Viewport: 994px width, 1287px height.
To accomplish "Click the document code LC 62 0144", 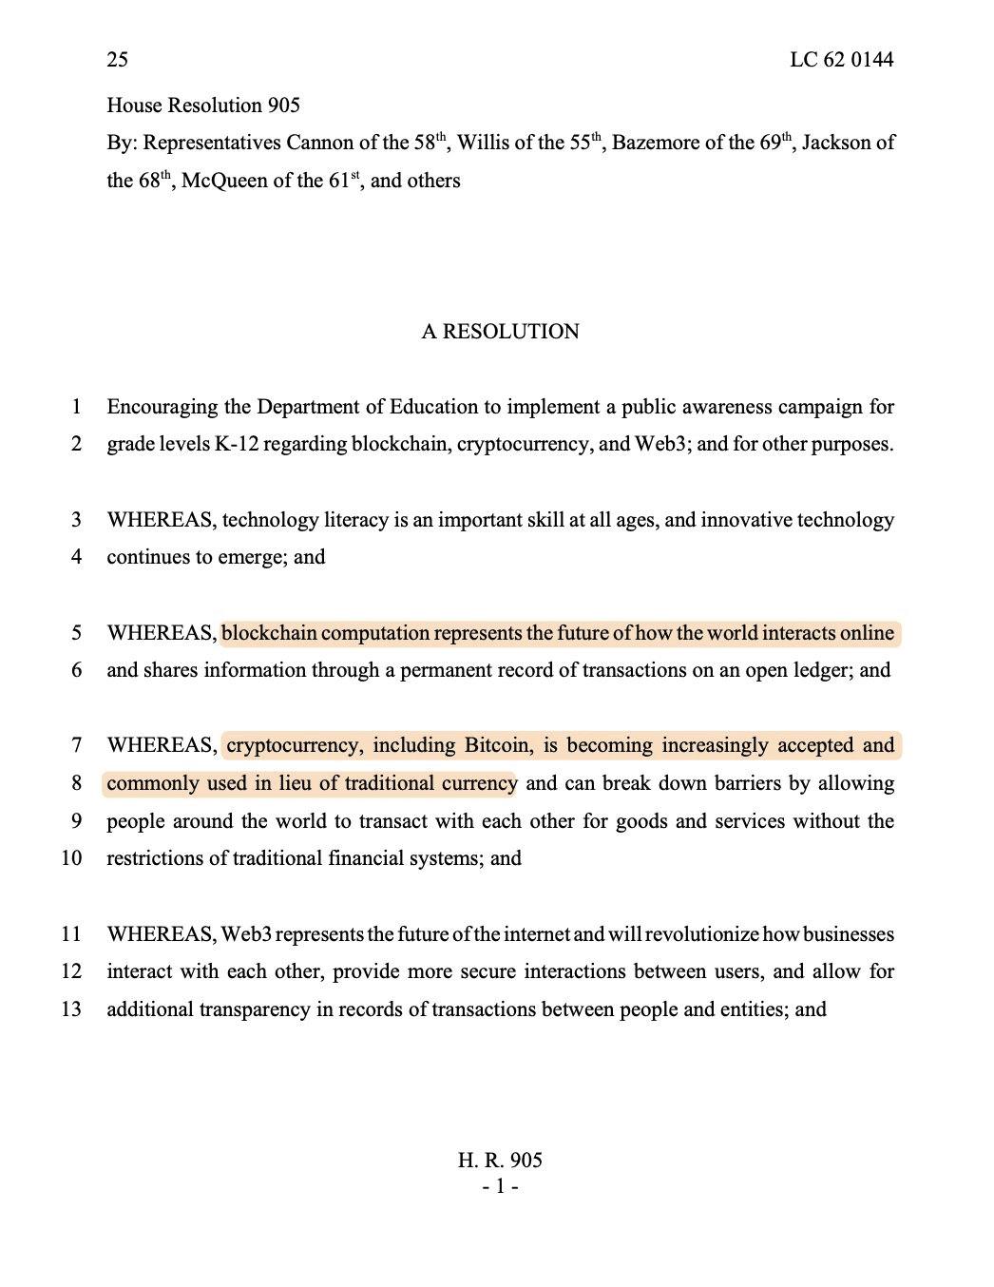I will [841, 60].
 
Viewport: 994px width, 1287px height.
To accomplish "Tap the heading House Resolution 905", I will [203, 106].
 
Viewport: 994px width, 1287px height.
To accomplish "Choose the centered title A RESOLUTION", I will [500, 332].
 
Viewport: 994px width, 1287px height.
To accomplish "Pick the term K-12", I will [236, 444].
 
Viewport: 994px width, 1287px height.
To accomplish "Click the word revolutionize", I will [701, 934].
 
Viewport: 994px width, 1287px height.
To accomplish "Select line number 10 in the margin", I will [71, 858].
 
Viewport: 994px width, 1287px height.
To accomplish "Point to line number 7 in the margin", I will [76, 745].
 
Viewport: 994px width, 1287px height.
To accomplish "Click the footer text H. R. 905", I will [500, 1161].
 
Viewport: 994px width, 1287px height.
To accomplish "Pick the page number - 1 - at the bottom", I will [500, 1186].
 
